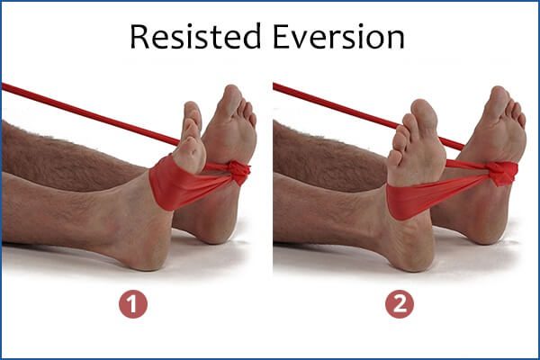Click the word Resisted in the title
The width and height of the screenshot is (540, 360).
pyautogui.click(x=195, y=37)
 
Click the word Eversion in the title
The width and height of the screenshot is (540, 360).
pyautogui.click(x=338, y=37)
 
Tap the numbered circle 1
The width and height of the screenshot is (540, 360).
pyautogui.click(x=133, y=304)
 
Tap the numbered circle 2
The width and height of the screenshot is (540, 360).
pyautogui.click(x=400, y=304)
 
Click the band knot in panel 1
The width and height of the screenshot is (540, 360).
pyautogui.click(x=239, y=171)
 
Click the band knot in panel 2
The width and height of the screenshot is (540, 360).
pyautogui.click(x=503, y=173)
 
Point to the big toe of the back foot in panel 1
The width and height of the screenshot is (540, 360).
pyautogui.click(x=231, y=100)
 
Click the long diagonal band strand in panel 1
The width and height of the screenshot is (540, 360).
pyautogui.click(x=90, y=113)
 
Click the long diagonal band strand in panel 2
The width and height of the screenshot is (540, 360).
pyautogui.click(x=368, y=116)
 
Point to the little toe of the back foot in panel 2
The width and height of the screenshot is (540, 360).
pyautogui.click(x=522, y=120)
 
